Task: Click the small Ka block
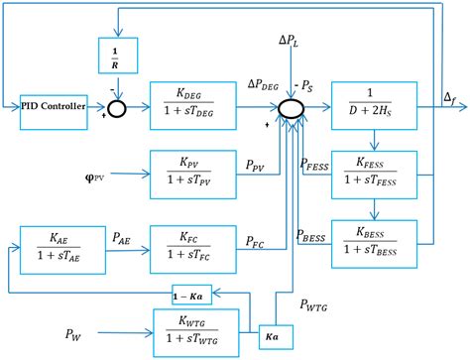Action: (x=272, y=336)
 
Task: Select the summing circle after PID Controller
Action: (x=118, y=107)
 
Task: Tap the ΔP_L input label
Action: (x=293, y=42)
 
